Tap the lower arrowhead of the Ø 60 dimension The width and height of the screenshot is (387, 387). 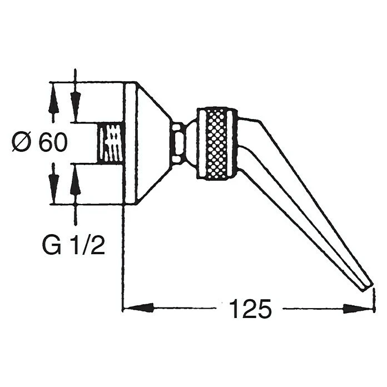coord(53,183)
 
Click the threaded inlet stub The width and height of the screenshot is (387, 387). coord(110,143)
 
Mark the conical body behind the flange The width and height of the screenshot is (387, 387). coord(153,143)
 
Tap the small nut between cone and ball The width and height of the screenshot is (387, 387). coord(178,143)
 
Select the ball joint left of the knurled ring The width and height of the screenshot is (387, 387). coord(191,143)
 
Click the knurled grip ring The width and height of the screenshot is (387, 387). coord(217,143)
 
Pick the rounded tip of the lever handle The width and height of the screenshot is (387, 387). coord(366,286)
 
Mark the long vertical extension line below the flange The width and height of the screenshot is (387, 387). coord(122,256)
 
